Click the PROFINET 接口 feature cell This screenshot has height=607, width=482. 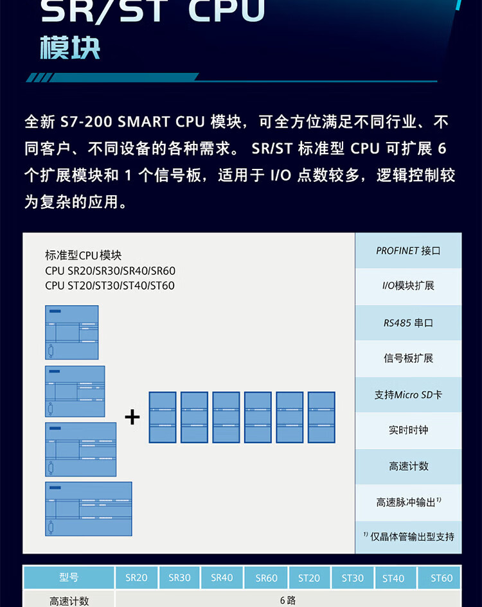(408, 251)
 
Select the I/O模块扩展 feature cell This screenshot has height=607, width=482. (408, 286)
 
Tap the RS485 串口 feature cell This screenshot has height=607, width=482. (408, 322)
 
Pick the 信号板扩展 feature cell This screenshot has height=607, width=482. (408, 358)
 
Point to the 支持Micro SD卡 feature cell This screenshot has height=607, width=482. (408, 394)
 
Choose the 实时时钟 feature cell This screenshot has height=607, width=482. (408, 430)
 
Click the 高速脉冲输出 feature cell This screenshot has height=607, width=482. (408, 502)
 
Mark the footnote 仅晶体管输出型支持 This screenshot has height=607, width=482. (408, 536)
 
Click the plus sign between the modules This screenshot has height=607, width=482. (132, 418)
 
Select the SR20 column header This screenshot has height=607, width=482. (136, 577)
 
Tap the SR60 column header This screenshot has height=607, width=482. (266, 578)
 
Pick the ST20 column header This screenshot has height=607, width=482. (309, 578)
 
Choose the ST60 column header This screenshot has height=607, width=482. (441, 578)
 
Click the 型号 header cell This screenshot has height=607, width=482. (69, 577)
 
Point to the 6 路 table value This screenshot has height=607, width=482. (287, 601)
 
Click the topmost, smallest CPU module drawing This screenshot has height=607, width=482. (71, 332)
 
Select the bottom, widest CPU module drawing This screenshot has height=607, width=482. (88, 509)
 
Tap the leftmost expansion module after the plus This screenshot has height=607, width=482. (163, 418)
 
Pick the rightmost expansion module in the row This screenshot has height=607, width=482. (321, 418)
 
